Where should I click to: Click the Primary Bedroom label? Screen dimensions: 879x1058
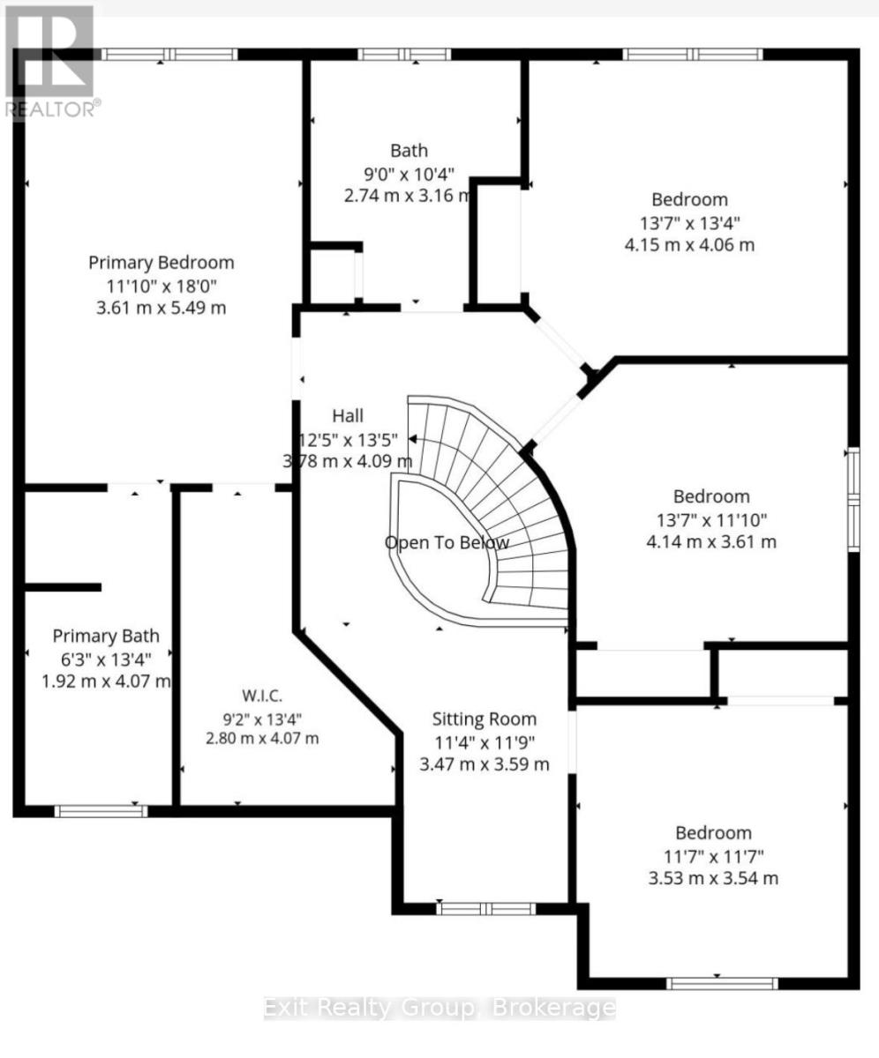[162, 263]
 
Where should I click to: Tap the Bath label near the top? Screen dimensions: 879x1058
[409, 151]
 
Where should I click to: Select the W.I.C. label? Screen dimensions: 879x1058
[262, 696]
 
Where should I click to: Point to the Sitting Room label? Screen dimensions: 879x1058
[485, 719]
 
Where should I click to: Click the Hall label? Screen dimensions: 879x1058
[348, 415]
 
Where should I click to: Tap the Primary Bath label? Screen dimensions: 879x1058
[106, 636]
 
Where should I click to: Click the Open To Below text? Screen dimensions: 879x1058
[447, 543]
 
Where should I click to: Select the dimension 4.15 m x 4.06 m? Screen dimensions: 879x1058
[689, 245]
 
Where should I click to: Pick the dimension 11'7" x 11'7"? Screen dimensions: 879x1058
[714, 857]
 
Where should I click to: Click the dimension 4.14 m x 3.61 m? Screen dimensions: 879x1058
[711, 542]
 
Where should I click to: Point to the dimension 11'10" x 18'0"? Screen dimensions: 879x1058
[162, 287]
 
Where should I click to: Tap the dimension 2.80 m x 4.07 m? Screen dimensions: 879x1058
[262, 738]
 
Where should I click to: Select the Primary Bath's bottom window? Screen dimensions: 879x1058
[101, 811]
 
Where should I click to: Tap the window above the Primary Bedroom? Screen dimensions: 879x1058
[169, 55]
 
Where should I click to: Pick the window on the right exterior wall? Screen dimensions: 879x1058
[854, 499]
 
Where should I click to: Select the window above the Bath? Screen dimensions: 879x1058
[404, 55]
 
